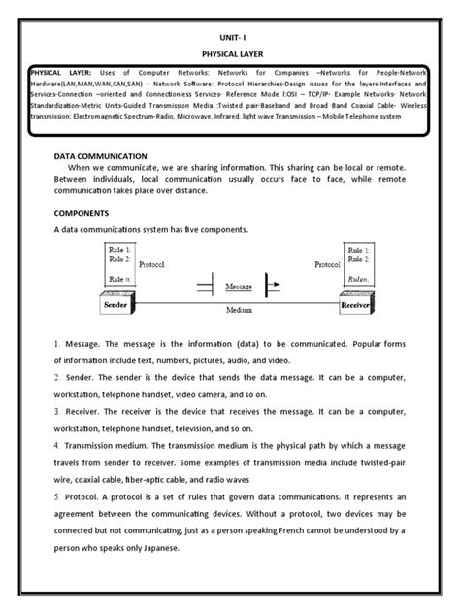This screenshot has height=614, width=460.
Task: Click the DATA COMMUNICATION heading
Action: click(101, 155)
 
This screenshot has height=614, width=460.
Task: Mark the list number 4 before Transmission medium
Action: click(57, 444)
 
